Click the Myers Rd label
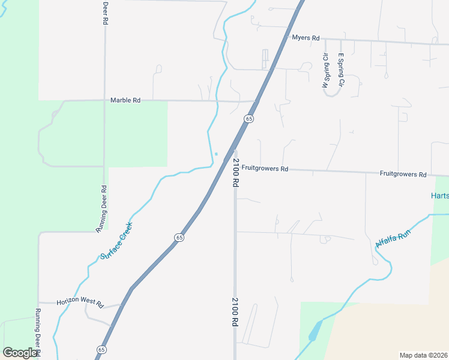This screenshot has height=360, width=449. (306, 38)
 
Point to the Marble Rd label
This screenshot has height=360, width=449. (125, 100)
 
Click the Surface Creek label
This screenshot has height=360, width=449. (116, 241)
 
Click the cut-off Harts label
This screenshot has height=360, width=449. (440, 196)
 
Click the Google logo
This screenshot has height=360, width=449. (20, 353)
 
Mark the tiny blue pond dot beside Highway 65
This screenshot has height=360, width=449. (216, 154)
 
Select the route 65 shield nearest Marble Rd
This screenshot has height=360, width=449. (249, 119)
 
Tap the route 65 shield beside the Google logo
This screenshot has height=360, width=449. (101, 349)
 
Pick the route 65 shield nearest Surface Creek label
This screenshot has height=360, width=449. (179, 238)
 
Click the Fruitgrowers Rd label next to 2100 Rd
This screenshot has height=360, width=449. (265, 169)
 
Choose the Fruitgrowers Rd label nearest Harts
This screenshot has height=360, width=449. (403, 174)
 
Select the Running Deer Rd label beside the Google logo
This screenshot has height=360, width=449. (37, 332)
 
